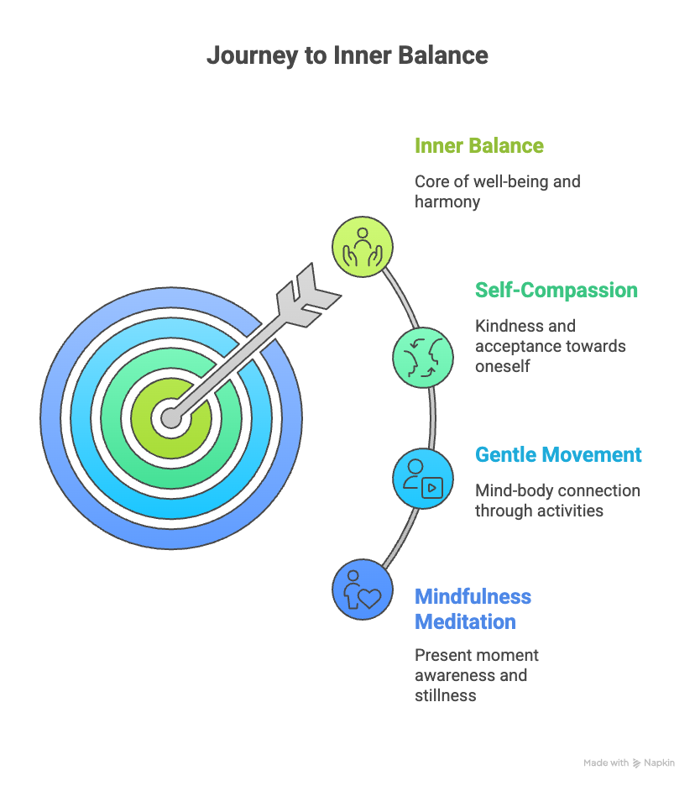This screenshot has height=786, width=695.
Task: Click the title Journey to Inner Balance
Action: [x=347, y=55]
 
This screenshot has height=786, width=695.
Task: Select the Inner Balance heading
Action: [x=479, y=145]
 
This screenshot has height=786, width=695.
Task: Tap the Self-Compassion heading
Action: [x=556, y=290]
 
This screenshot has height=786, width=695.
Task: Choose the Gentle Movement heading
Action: [x=558, y=454]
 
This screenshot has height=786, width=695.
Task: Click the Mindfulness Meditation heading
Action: [x=473, y=609]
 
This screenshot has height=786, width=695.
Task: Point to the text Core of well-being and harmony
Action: [x=497, y=191]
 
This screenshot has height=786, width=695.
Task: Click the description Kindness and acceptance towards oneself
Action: [x=550, y=345]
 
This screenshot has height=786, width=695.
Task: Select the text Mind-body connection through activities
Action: [x=557, y=500]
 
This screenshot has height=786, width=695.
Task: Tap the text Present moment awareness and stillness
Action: [x=477, y=675]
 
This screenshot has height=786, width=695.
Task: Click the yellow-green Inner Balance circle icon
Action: [x=363, y=246]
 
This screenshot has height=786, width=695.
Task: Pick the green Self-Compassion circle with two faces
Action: [x=424, y=357]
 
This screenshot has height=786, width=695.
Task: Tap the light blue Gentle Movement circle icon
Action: [x=424, y=477]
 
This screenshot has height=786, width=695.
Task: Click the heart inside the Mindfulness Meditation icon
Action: [x=369, y=597]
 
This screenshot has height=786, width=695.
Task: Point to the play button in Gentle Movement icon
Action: [x=432, y=487]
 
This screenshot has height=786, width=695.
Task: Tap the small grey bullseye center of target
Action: [x=172, y=418]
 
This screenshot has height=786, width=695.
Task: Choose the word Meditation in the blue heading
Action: [x=465, y=622]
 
